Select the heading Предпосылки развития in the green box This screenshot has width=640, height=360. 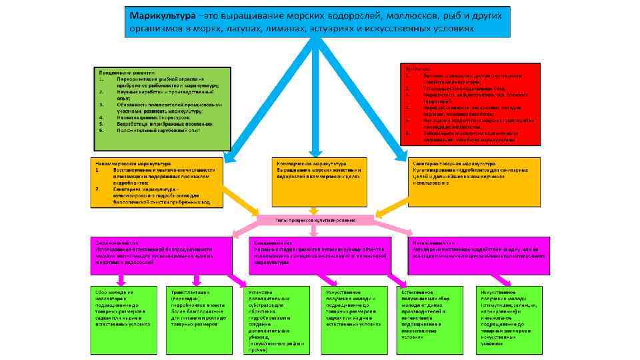(x=127, y=72)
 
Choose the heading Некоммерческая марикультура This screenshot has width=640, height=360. (x=133, y=163)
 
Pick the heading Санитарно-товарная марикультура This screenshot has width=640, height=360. (x=454, y=163)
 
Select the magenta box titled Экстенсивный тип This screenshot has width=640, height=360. (x=154, y=255)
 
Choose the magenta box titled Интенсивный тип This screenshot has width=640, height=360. (x=478, y=255)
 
